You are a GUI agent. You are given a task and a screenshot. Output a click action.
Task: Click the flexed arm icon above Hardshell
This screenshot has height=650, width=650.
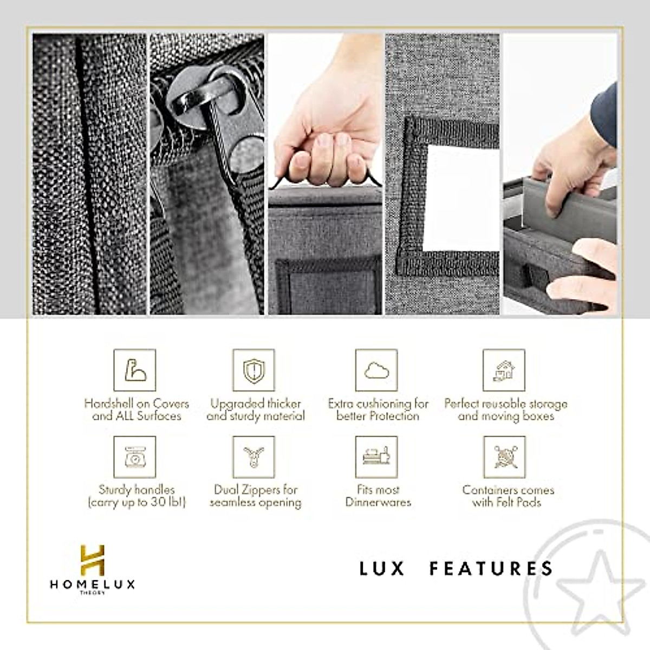point(134,370)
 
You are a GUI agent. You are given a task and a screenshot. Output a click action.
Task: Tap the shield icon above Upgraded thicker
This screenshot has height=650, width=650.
point(253,370)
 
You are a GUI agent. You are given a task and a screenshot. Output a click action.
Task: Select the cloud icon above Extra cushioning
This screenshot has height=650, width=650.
point(376,370)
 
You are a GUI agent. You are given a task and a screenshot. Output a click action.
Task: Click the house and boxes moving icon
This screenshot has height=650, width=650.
point(504,370)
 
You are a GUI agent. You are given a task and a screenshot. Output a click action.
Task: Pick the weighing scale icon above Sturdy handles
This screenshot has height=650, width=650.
point(134,457)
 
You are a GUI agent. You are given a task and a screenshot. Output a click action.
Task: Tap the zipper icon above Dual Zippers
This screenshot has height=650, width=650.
point(253,457)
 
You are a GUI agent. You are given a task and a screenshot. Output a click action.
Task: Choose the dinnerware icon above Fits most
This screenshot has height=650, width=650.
point(376,457)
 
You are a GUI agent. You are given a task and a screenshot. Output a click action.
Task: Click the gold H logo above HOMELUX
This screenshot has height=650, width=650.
point(92,560)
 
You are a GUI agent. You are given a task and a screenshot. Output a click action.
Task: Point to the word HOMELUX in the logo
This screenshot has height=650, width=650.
point(92,584)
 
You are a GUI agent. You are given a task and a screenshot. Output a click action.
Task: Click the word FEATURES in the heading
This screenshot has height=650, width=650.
point(491,568)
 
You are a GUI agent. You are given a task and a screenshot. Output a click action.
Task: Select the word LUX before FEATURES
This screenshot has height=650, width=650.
point(382,568)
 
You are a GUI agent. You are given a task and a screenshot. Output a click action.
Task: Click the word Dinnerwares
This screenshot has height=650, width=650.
point(378,502)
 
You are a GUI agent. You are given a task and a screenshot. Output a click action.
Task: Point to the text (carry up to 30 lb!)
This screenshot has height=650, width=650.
point(136,502)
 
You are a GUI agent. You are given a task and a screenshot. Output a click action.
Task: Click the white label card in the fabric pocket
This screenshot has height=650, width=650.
point(460,198)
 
